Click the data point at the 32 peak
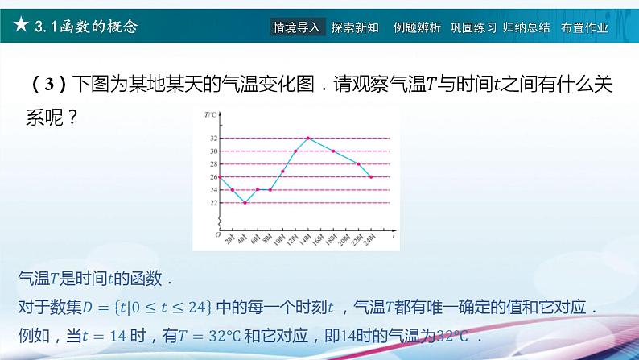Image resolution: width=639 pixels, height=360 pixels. coord(308,139)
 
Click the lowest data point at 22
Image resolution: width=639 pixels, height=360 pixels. coord(245,202)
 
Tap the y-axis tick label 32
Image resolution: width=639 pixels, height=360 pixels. coord(213,139)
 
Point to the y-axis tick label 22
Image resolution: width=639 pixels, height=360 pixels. coord(213,202)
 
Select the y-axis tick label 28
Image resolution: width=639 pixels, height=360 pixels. coord(213,164)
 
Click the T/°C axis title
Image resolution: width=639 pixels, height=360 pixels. coord(212,115)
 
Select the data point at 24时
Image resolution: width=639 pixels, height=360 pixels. coord(371,177)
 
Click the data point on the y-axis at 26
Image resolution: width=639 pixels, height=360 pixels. coord(221,177)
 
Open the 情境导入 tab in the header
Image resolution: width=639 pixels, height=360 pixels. coord(297,27)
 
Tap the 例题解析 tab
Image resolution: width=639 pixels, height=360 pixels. coord(417,27)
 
